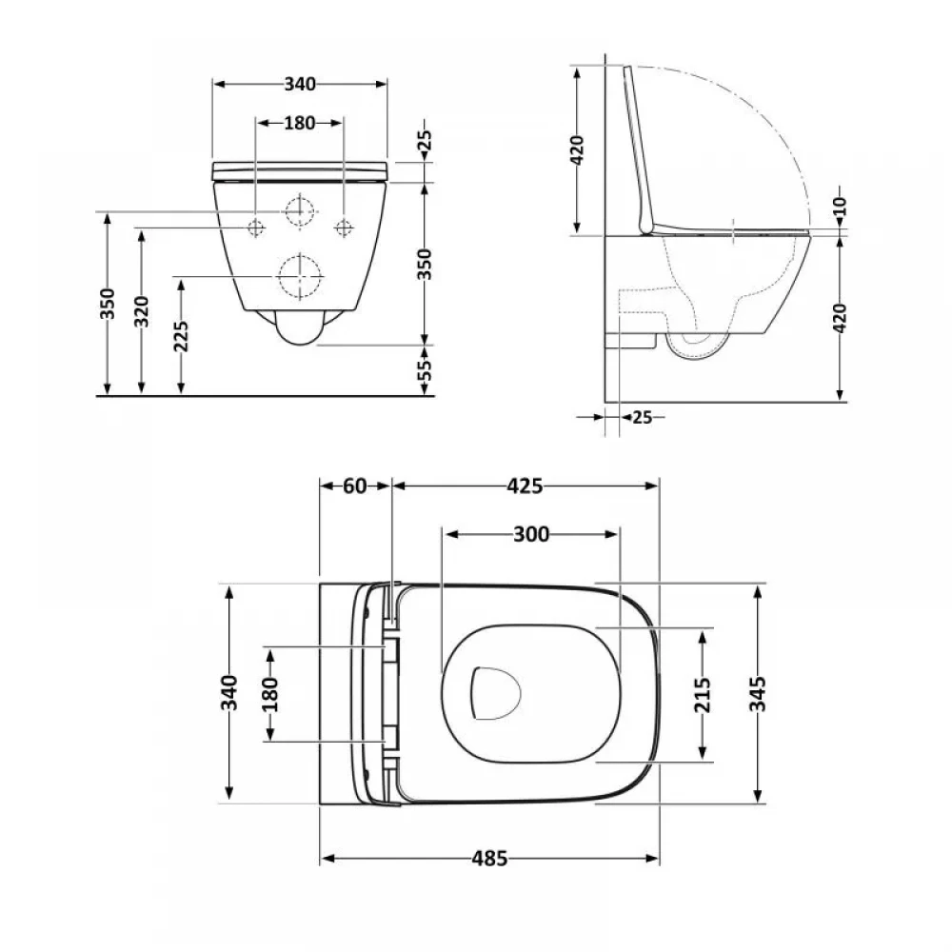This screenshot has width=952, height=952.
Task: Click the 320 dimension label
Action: click(x=142, y=311)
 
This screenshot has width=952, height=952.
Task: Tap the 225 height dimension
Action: click(x=181, y=336)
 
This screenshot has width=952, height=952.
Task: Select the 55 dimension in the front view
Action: click(x=426, y=368)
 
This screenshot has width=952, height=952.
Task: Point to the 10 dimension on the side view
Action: click(x=840, y=207)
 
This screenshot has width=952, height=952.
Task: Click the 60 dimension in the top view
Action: click(x=354, y=486)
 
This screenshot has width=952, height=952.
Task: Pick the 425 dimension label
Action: click(x=525, y=486)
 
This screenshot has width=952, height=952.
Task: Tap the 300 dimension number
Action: click(x=531, y=534)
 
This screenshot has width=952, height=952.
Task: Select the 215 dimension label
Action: click(x=703, y=695)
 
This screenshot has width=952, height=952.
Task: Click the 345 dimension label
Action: click(x=758, y=694)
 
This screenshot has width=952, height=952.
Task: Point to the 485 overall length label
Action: click(x=489, y=859)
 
